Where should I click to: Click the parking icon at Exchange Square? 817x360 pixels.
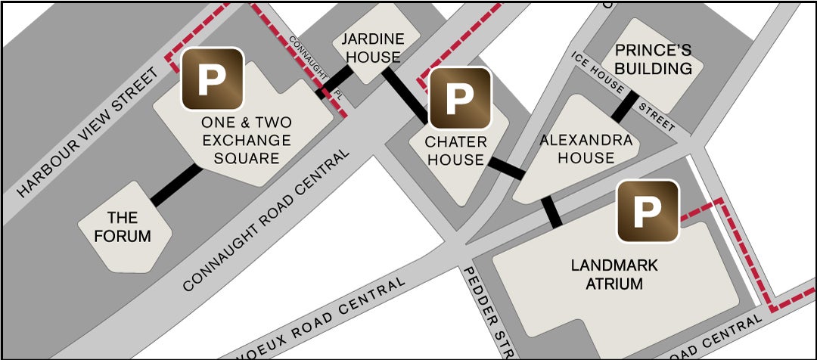pyautogui.click(x=213, y=79)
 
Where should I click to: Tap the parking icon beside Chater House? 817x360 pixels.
pyautogui.click(x=458, y=96)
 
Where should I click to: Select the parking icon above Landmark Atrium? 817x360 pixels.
pyautogui.click(x=647, y=211)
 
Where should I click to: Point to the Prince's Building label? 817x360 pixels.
pyautogui.click(x=654, y=60)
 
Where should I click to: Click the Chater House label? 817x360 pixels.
pyautogui.click(x=455, y=150)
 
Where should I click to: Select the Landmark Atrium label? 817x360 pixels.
pyautogui.click(x=614, y=275)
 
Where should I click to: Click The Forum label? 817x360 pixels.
pyautogui.click(x=123, y=227)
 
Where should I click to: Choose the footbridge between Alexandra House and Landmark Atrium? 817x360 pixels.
pyautogui.click(x=553, y=211)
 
